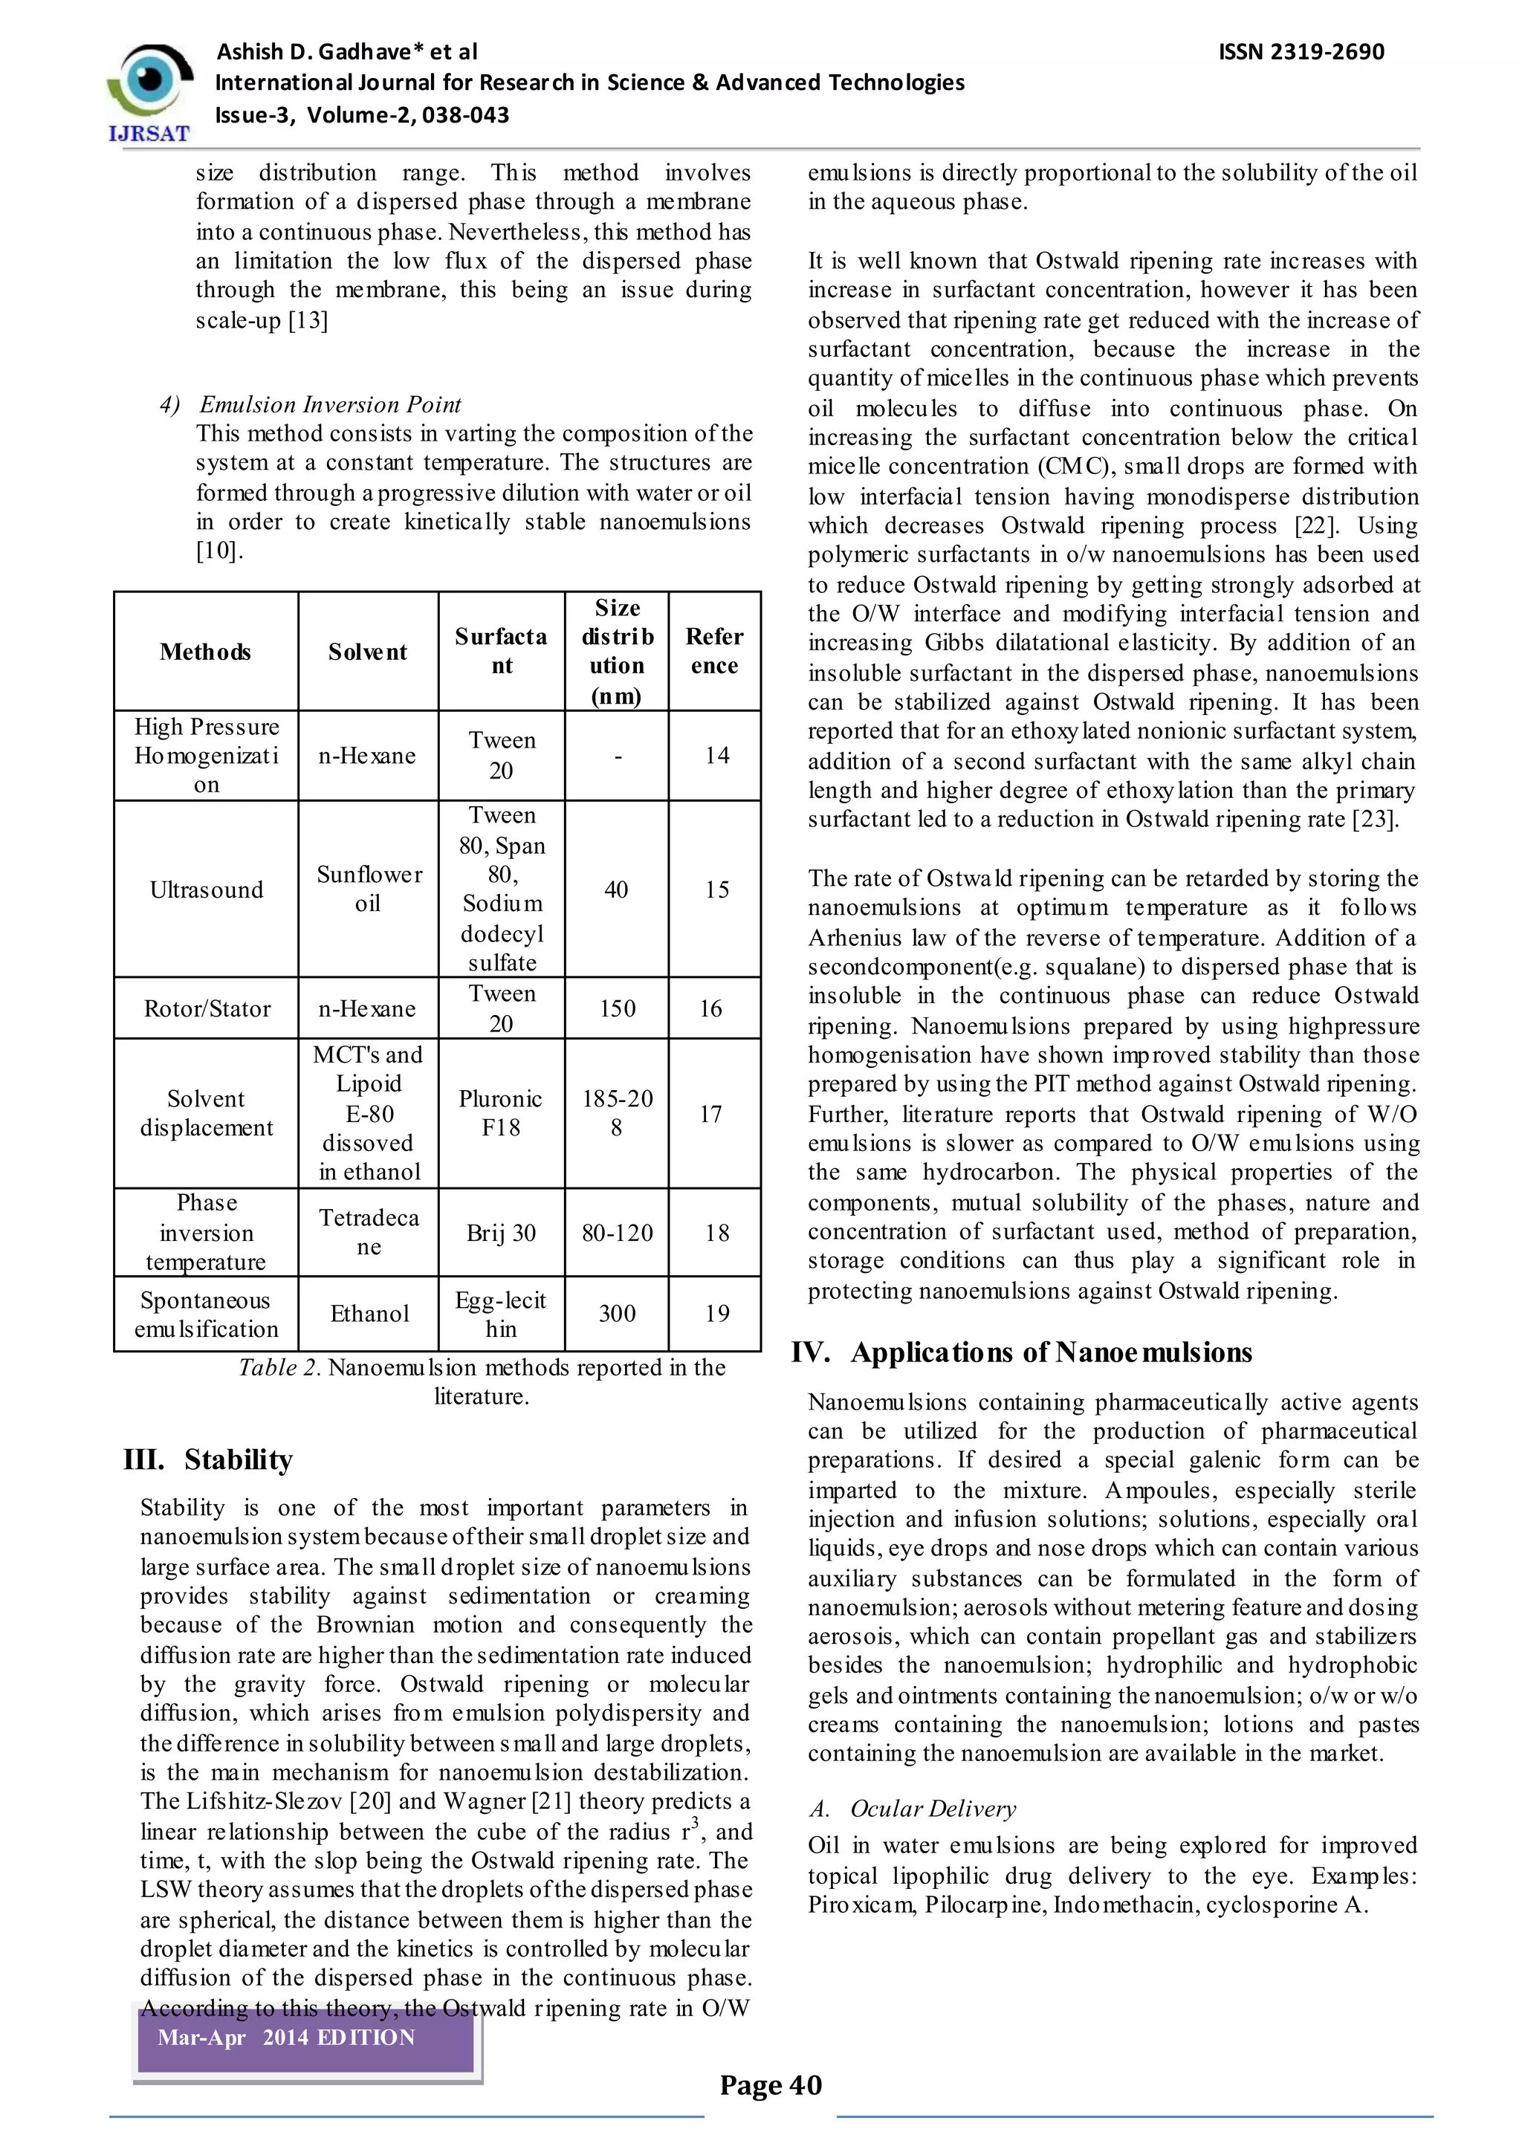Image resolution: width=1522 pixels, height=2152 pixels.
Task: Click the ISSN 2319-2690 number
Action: tap(1301, 51)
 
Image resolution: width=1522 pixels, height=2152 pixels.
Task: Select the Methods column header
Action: tap(205, 652)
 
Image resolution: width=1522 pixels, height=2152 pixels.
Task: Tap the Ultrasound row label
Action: tap(206, 889)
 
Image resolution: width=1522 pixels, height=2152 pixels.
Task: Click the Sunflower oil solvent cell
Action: tap(369, 889)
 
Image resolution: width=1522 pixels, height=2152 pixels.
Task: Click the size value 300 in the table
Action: tap(617, 1313)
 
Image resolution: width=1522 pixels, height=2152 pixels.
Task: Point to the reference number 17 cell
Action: tap(710, 1113)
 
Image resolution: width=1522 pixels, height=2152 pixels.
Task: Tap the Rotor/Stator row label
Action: tap(206, 1008)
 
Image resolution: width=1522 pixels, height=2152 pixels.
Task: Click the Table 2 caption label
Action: tap(279, 1367)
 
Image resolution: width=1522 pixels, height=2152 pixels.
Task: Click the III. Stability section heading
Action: tap(208, 1459)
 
